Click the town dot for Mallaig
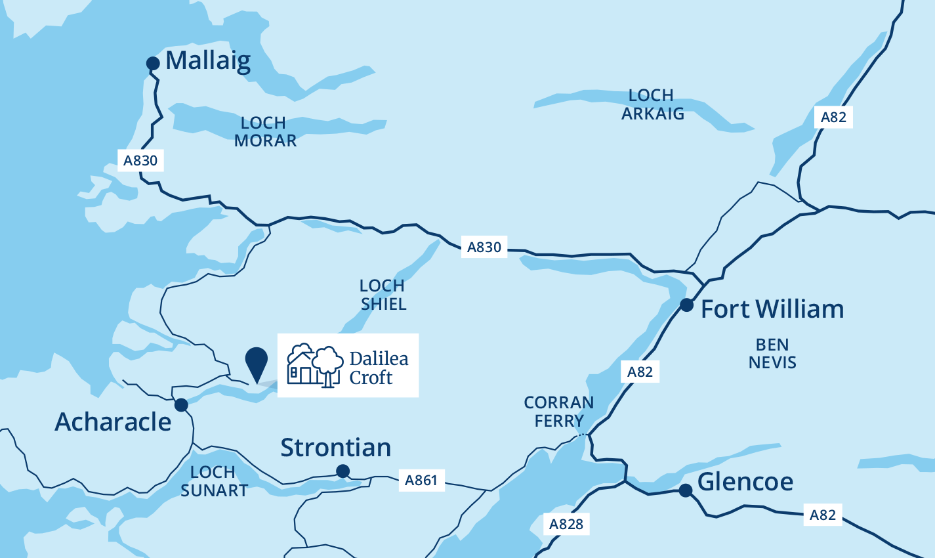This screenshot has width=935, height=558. tap(153, 63)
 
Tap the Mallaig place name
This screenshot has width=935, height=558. tap(208, 61)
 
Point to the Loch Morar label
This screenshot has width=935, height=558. tap(264, 132)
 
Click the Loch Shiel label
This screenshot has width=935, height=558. tap(383, 295)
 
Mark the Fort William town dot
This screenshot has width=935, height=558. tap(686, 305)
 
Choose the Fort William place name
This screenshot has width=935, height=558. tap(772, 309)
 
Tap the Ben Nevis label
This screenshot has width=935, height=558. tap(772, 354)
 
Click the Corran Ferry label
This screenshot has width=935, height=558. tap(558, 412)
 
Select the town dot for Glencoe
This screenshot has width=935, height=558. tap(685, 490)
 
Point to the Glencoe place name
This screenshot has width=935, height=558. tap(745, 483)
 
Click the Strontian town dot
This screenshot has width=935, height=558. tap(343, 471)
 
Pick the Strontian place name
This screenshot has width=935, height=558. tap(336, 448)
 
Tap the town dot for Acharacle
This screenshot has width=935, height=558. tap(181, 404)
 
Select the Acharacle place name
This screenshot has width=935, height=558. tap(113, 422)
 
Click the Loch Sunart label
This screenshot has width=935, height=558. tap(214, 481)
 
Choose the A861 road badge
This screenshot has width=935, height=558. tap(421, 481)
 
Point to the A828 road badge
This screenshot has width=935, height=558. tap(566, 524)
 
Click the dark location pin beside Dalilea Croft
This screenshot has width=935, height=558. tap(256, 362)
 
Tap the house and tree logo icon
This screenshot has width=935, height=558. tap(316, 365)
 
